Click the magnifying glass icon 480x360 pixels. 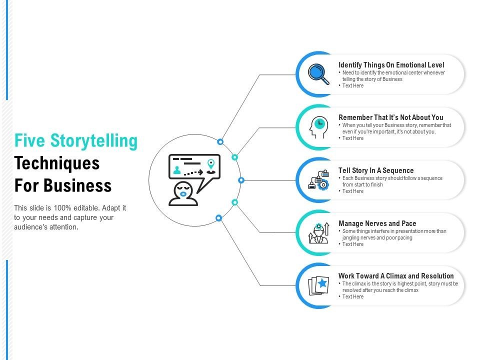point(318,74)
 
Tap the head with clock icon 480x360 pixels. point(318,127)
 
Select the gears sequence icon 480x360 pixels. point(318,180)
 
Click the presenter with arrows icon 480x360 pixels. point(318,233)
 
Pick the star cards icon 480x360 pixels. point(318,285)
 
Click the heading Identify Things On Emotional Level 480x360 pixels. point(391,65)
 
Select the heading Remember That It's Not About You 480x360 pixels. point(390,117)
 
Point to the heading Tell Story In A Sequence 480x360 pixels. point(376,170)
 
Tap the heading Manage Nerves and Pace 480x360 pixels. point(377,223)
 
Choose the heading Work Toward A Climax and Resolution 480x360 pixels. point(396,276)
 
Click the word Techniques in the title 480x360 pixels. point(57,163)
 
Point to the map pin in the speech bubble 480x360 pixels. point(211,164)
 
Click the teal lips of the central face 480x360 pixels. point(183,194)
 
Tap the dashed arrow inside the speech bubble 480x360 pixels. point(194,172)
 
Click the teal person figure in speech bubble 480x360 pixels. point(177,170)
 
